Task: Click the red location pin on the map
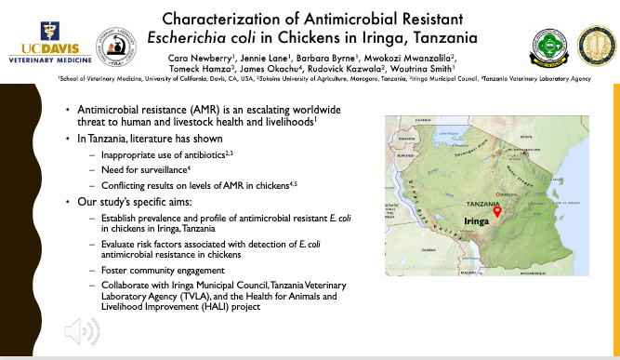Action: pos(497,211)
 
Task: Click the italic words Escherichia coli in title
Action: pos(251,37)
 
